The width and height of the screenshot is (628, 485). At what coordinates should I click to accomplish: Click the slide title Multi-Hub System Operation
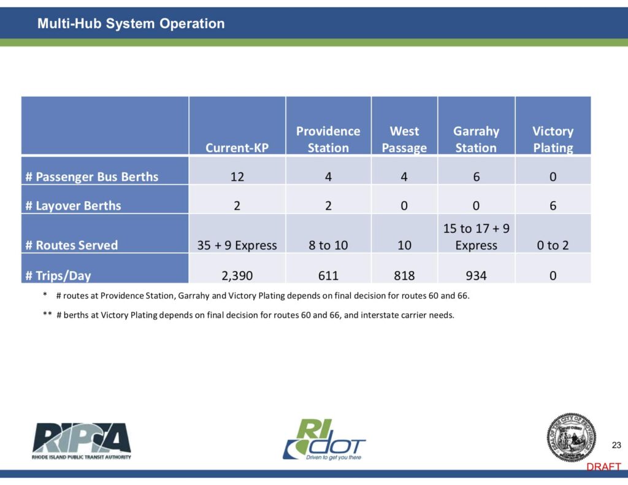tap(131, 23)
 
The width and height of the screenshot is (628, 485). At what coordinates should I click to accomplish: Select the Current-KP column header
tap(237, 148)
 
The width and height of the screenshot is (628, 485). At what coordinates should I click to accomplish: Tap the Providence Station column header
tap(328, 139)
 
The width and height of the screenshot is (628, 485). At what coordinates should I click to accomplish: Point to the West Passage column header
tap(404, 139)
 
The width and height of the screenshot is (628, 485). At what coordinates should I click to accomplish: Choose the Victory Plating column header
tap(553, 139)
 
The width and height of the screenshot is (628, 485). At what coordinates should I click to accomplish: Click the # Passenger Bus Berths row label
tap(92, 177)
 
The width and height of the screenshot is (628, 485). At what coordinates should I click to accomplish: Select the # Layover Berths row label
tap(74, 205)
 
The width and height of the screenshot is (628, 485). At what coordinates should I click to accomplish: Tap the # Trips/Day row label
tap(58, 275)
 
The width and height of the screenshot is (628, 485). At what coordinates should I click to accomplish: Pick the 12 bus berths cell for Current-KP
tap(237, 177)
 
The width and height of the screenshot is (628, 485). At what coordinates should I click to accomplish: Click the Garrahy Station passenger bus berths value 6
tap(476, 177)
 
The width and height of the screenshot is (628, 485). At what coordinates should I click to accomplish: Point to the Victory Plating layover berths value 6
tap(553, 205)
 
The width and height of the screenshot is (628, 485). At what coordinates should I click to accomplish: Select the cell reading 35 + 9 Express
tap(237, 245)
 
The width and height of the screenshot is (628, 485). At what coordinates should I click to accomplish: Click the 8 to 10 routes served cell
tap(328, 245)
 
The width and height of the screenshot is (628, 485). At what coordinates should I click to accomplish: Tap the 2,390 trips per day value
tap(237, 275)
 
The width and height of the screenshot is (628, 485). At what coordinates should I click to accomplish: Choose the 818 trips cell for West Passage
tap(404, 275)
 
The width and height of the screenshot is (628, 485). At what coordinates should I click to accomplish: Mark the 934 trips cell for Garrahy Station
tap(476, 275)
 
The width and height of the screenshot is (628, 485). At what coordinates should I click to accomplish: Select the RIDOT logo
tap(324, 440)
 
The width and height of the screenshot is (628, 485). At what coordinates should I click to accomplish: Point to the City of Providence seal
tap(571, 437)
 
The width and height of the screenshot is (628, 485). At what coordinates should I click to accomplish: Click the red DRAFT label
tap(603, 467)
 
